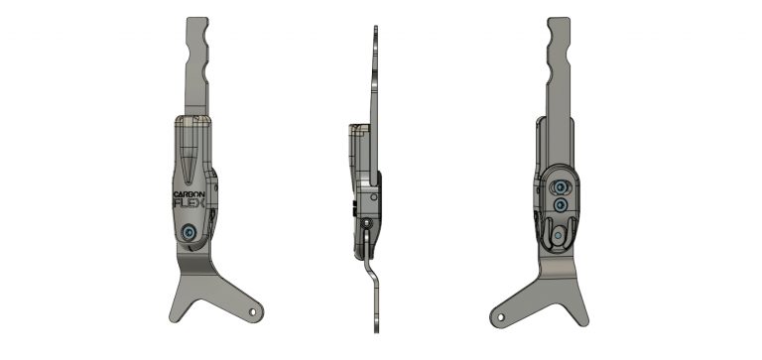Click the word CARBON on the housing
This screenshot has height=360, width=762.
point(190,194)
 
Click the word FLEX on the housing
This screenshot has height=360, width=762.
point(190,203)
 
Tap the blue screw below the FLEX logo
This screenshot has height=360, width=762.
point(189,233)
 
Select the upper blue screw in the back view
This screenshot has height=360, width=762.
point(560,187)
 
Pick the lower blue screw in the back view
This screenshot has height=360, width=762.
point(560,205)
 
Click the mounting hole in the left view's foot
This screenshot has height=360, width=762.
point(252,311)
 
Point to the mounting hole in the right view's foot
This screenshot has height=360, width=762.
point(500,317)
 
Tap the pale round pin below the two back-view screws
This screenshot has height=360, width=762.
point(558,235)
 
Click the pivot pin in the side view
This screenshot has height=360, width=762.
point(368,223)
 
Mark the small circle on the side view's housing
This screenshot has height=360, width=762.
point(373,197)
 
